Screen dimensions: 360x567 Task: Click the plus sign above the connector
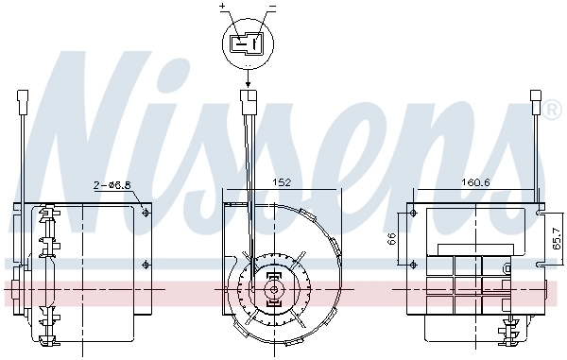(x=223, y=7)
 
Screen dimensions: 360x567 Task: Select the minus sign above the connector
(x=272, y=7)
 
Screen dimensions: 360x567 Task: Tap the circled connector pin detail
(x=248, y=43)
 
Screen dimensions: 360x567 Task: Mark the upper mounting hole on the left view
(x=146, y=213)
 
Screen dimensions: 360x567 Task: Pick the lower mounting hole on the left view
(x=146, y=264)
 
